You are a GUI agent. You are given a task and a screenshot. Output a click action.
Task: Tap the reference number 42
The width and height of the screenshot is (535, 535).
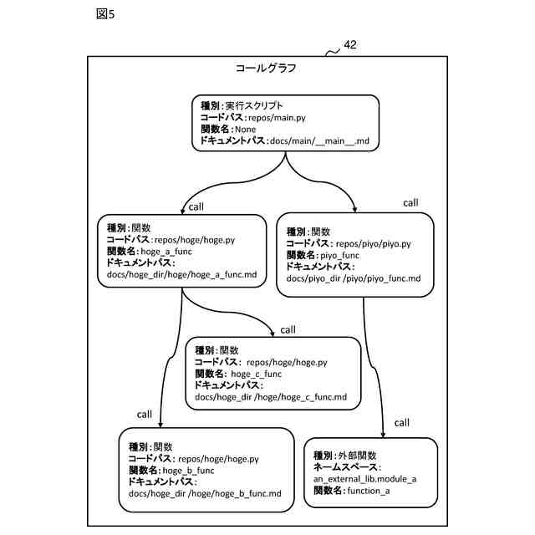(350, 47)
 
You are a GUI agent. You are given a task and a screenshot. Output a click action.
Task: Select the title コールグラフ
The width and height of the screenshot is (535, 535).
(266, 69)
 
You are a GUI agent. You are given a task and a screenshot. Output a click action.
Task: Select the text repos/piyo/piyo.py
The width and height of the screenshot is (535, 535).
(374, 243)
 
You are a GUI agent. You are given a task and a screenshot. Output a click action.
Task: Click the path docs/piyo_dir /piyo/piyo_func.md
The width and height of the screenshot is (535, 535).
(354, 278)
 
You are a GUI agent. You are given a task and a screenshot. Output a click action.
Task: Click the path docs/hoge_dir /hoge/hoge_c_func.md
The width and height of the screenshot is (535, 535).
(270, 396)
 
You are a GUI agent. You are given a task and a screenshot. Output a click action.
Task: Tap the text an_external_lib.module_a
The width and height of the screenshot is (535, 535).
(365, 479)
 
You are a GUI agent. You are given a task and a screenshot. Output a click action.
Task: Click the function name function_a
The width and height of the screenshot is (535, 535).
(369, 491)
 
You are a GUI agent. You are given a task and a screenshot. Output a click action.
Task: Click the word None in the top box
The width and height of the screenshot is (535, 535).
(246, 130)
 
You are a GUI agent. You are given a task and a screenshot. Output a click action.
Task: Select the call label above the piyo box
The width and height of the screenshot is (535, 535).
(410, 202)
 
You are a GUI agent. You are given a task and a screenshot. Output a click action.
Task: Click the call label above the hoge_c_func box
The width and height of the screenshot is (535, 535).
(288, 329)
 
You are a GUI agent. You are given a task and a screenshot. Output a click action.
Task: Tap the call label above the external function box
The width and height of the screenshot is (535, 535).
(401, 422)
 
